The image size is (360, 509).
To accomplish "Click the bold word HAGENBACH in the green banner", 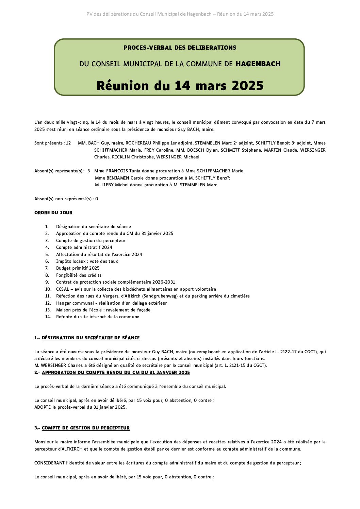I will (258, 64).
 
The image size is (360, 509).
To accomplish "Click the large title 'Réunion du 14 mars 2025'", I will (180, 85).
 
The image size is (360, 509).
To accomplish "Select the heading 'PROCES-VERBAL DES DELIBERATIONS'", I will (180, 48).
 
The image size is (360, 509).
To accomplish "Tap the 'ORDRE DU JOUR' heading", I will (53, 213).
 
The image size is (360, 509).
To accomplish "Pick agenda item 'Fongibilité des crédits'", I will (79, 275).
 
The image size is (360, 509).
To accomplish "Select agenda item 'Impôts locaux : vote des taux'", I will (87, 261).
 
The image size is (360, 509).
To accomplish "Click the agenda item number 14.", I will (48, 317).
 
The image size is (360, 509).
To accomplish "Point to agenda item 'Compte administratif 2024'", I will (84, 247).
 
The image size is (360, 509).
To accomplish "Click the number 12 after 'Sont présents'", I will (68, 143).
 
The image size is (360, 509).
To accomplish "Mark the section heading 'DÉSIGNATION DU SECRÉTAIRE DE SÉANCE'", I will (91, 338).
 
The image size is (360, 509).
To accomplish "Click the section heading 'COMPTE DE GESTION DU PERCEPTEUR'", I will (86, 428).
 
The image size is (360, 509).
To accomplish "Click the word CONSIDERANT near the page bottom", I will (49, 463).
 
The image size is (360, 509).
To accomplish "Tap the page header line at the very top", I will (180, 14).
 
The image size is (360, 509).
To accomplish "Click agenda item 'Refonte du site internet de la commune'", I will (98, 317).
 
